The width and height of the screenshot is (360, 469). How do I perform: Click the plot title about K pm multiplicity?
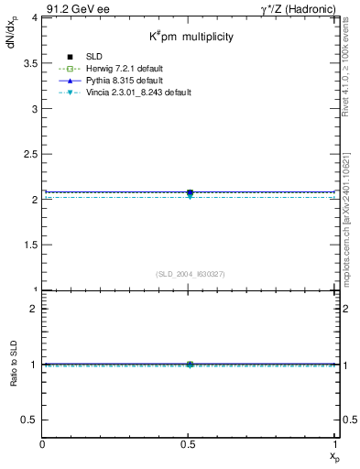[x=192, y=38]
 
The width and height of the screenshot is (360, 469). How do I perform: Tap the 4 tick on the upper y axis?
[x=34, y=17]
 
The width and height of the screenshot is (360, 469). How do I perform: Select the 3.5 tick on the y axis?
[x=29, y=63]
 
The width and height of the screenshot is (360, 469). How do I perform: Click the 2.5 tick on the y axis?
[x=29, y=154]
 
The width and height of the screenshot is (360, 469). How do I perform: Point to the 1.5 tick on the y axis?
[x=29, y=245]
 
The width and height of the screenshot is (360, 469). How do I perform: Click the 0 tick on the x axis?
[x=43, y=446]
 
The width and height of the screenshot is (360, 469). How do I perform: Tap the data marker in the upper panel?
[x=190, y=193]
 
